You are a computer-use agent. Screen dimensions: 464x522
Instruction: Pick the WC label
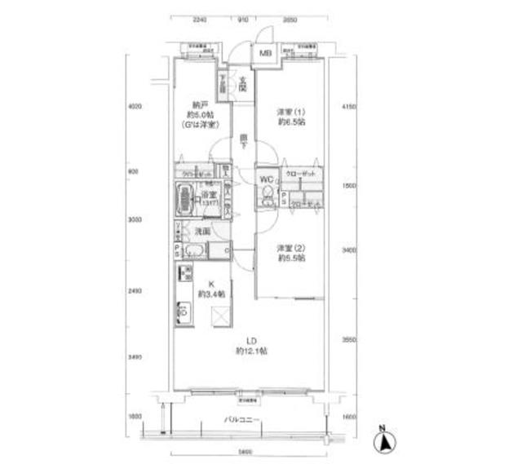266,179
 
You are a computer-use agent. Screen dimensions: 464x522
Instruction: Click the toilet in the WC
265,195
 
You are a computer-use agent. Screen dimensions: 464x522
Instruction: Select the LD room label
252,342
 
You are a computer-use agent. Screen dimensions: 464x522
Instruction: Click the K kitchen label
200,285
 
